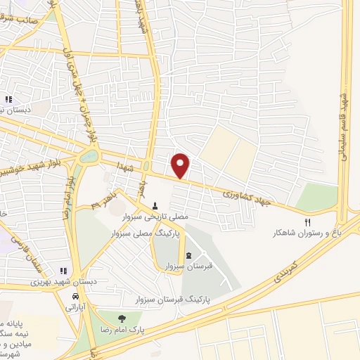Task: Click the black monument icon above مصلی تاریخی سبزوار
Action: tap(155, 206)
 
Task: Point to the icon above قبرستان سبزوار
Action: tap(189, 255)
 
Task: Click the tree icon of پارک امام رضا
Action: tap(124, 319)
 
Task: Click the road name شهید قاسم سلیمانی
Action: tap(345, 126)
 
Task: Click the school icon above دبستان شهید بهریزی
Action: tap(63, 270)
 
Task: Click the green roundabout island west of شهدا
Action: tap(89, 156)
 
